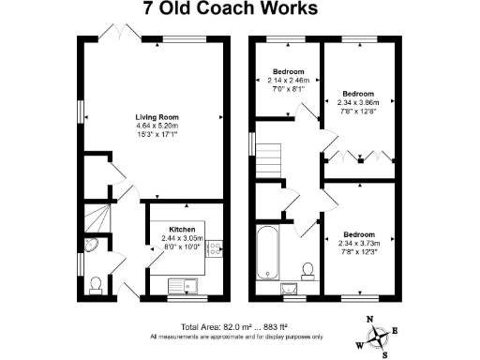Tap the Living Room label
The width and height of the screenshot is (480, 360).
click(150, 116)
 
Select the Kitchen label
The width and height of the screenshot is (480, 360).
click(181, 230)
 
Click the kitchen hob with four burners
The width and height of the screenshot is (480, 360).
click(214, 248)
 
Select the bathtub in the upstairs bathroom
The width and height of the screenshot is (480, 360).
click(267, 253)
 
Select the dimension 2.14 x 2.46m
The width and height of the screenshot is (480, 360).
click(288, 81)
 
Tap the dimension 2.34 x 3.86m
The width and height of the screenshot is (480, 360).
click(357, 103)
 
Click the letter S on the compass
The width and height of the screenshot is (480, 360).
click(384, 353)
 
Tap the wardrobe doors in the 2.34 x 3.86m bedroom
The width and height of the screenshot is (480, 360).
click(357, 156)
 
